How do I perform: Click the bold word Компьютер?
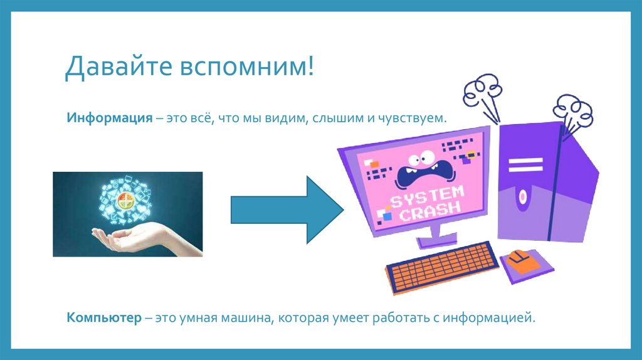(105, 317)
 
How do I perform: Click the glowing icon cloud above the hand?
(125, 201)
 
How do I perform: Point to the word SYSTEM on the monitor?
(426, 194)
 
